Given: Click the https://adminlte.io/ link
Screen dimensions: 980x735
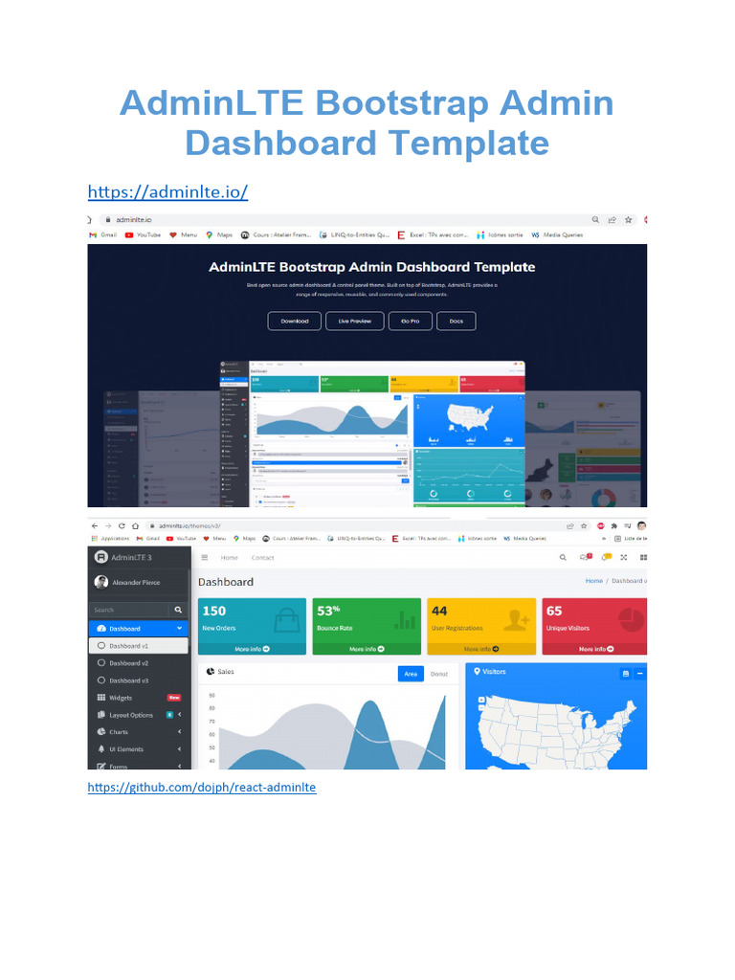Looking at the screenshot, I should (x=167, y=192).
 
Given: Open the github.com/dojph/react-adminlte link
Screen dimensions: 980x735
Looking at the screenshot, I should (x=201, y=788).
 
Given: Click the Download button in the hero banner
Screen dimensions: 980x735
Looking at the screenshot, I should (x=295, y=321).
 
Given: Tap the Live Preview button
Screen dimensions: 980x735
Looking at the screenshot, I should (x=354, y=321).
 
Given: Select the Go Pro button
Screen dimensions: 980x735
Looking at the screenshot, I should (x=410, y=321).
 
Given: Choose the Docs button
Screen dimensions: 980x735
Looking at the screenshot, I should (x=456, y=321).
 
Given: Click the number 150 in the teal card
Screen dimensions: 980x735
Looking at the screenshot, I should (x=214, y=611).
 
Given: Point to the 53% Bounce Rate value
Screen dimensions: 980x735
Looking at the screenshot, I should (x=328, y=611).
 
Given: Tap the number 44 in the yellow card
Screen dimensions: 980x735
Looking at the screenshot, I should (x=439, y=611).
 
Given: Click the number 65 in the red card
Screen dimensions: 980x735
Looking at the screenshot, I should (x=554, y=611).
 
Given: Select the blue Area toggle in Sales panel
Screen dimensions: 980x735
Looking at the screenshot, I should (x=411, y=674).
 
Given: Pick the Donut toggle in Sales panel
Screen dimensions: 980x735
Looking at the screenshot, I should (x=438, y=674).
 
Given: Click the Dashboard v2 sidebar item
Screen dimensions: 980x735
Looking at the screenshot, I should (x=128, y=662).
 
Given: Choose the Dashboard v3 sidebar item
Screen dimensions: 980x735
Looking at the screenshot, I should (x=128, y=680).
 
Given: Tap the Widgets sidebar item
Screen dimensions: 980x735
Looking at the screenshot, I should (x=121, y=698).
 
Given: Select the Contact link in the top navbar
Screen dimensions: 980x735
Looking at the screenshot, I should (x=262, y=557).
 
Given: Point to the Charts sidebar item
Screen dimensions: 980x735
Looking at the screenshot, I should (x=119, y=732).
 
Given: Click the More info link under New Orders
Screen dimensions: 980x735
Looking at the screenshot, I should (x=252, y=649).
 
